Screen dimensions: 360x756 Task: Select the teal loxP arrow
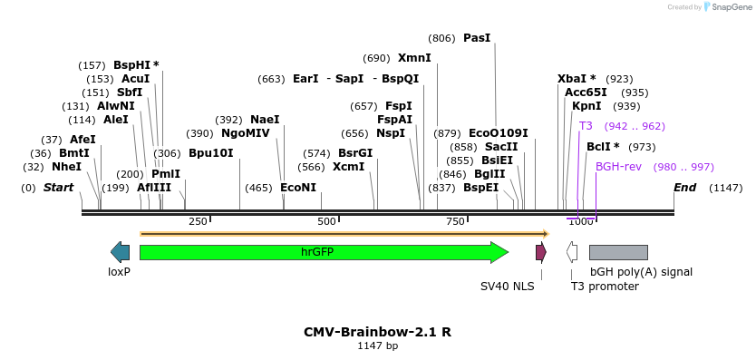point(120,252)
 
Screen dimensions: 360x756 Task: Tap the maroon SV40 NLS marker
point(541,252)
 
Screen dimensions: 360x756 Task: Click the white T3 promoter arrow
point(572,252)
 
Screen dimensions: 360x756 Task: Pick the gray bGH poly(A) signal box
point(618,252)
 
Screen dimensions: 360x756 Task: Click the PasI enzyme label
point(477,38)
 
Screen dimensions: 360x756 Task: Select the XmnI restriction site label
point(414,58)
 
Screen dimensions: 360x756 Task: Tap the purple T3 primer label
point(586,126)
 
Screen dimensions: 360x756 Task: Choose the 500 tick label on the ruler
point(326,221)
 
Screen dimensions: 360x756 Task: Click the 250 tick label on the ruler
point(198,221)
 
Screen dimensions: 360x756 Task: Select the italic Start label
point(58,188)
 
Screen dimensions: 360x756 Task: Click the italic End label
point(685,188)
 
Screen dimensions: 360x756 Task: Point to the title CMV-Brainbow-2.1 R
point(377,332)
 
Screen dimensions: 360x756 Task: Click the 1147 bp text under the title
point(377,346)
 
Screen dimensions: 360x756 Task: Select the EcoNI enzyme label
point(298,188)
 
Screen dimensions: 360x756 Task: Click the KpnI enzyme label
point(586,106)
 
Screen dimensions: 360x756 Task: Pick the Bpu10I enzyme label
point(210,153)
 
